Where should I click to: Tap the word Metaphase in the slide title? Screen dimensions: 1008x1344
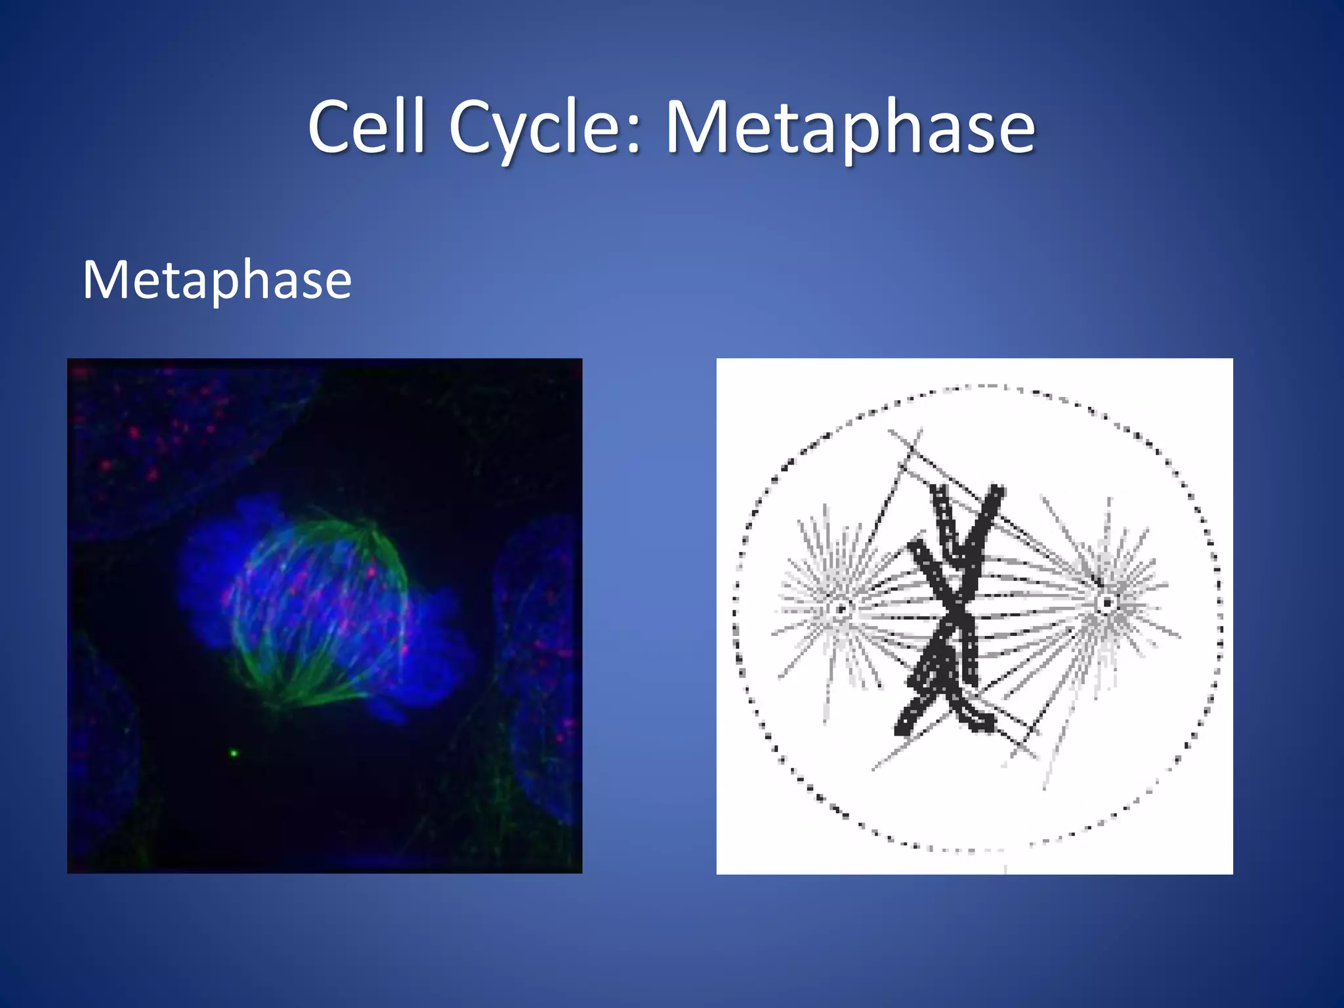pyautogui.click(x=850, y=128)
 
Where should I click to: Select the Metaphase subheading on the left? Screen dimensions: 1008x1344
pyautogui.click(x=217, y=280)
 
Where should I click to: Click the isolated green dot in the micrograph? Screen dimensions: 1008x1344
pyautogui.click(x=233, y=753)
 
